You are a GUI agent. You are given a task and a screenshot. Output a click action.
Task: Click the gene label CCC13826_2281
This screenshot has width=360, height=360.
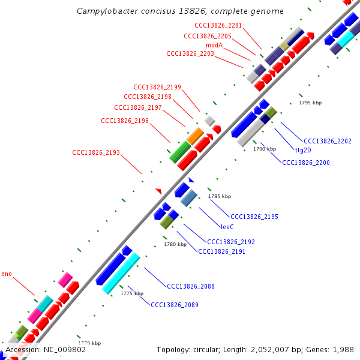pos(218,25)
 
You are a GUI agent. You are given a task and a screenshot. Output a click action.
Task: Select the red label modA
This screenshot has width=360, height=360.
pos(215,45)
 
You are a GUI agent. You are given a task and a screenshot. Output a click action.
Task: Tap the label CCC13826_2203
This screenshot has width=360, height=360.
pos(190,54)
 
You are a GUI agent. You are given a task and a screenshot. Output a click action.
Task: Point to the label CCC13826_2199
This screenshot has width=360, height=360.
pos(157,88)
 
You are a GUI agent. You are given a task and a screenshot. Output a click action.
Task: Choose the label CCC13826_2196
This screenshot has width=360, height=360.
pos(125,121)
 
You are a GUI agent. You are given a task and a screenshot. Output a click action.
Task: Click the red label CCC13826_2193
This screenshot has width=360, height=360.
pos(96,152)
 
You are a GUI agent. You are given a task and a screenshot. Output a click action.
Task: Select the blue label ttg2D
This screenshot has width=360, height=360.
pos(305,150)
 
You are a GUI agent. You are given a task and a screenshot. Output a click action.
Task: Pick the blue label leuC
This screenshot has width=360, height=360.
pos(227,227)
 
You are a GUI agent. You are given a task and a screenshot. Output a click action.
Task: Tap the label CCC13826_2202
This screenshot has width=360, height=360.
pos(328,142)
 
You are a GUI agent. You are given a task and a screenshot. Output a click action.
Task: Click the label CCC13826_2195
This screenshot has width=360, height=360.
pos(254,217)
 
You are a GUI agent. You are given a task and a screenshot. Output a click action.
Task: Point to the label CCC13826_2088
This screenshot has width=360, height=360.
pos(191,287)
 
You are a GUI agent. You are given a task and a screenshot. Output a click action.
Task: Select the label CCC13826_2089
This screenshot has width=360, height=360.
pos(175,305)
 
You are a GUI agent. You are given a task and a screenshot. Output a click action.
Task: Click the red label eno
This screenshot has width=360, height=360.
pos(7,274)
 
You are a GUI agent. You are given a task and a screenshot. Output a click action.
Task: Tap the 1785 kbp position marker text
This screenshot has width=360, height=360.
pos(220,196)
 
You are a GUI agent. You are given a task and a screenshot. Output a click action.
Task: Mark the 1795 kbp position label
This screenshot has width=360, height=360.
pos(310,103)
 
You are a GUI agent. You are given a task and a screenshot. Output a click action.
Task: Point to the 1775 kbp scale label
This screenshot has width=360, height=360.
pos(132,294)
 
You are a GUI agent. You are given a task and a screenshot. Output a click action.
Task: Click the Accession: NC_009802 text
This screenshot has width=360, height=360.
pos(46,349)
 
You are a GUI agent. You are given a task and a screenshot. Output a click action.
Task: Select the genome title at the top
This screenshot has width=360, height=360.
pos(180,11)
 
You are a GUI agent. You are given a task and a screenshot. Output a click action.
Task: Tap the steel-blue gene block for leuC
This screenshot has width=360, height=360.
pos(189,198)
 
